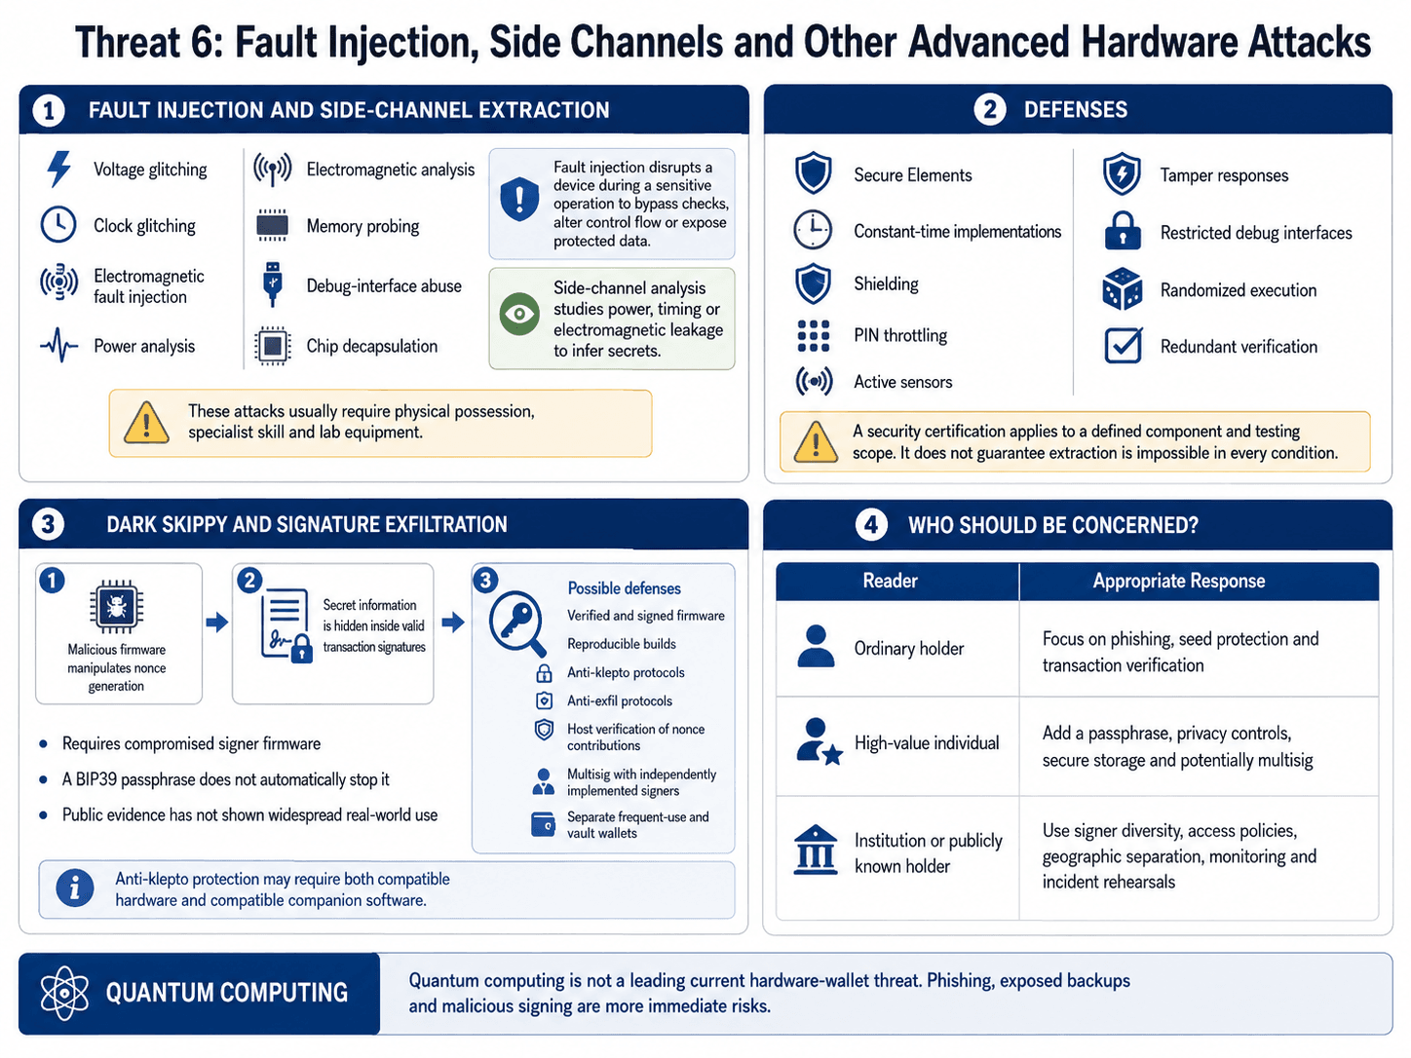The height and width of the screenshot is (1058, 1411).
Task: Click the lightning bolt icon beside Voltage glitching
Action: coord(59,169)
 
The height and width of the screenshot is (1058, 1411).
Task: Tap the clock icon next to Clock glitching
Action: coord(58,225)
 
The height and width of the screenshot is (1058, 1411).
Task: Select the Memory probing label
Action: coord(362,226)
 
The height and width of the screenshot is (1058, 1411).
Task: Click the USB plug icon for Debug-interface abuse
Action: coord(273,284)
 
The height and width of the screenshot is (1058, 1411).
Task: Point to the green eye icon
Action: coord(519,314)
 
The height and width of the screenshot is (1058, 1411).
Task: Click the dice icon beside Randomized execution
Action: coord(1123,289)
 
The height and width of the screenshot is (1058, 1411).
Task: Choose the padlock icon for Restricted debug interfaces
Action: coord(1123,231)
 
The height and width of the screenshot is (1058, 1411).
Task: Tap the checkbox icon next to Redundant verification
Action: coord(1123,346)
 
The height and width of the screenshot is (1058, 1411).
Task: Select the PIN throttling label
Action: coord(900,335)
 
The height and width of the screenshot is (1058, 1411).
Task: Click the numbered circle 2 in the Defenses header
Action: coord(990,109)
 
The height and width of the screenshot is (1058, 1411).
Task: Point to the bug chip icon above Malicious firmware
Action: coord(116,607)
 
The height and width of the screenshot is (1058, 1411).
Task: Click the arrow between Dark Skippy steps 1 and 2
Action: coord(217,622)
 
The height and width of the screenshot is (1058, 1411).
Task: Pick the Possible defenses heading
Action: coord(625,588)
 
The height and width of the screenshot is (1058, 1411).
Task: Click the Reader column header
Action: coord(890,581)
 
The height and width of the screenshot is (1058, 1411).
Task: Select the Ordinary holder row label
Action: coord(909,649)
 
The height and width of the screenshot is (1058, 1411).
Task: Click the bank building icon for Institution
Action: coord(816,850)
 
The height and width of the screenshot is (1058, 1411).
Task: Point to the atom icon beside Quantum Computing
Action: coord(64,993)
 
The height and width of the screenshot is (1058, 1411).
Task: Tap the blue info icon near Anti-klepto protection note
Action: coord(75,888)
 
